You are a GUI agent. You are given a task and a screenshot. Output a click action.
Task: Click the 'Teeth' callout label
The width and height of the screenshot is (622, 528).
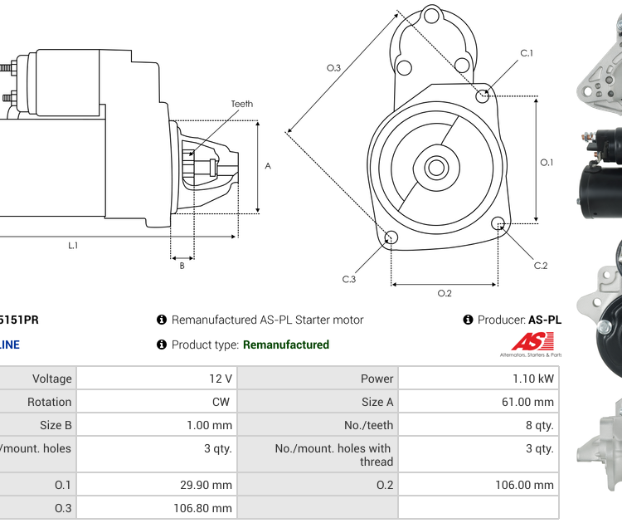click(x=241, y=104)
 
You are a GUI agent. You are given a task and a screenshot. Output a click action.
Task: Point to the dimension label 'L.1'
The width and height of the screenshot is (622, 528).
click(x=73, y=246)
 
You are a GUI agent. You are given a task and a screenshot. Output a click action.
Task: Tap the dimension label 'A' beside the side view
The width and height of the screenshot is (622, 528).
click(x=268, y=166)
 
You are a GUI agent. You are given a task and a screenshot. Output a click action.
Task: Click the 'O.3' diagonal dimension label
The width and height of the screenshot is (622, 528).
click(x=333, y=68)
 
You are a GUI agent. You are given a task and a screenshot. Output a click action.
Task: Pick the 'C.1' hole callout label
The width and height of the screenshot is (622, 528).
click(x=527, y=53)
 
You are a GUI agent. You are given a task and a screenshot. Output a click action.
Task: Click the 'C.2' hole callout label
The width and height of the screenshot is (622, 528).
click(x=541, y=266)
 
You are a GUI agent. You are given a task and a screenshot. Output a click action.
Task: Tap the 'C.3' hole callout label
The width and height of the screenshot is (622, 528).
click(x=349, y=280)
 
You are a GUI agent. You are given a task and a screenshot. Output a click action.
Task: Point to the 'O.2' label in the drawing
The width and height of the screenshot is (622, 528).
click(x=445, y=293)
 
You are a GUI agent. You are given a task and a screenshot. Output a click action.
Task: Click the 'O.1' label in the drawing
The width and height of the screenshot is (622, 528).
click(x=547, y=163)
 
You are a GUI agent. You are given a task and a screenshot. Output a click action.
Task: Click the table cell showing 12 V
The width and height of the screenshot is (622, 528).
click(x=221, y=379)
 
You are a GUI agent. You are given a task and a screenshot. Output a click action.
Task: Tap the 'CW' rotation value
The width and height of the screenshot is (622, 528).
click(x=223, y=402)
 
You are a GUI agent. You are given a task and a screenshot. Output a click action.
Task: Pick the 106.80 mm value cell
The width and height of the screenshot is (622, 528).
click(x=202, y=508)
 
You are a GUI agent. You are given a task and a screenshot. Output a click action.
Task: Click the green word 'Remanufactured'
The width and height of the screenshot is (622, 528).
click(x=286, y=345)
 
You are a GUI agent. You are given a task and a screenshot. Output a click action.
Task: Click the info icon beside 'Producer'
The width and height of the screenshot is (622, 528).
click(x=468, y=320)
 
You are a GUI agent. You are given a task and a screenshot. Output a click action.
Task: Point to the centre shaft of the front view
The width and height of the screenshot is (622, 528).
click(x=436, y=168)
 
